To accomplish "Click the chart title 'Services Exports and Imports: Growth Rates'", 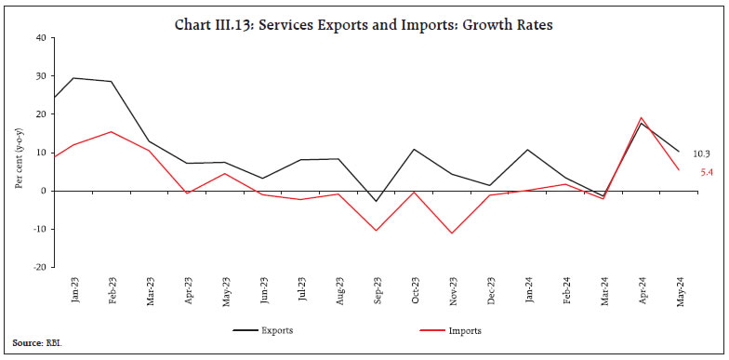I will tap(364, 25).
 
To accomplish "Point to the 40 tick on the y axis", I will tap(40, 38).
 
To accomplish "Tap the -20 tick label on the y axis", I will tap(38, 267).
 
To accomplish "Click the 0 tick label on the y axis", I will tap(43, 191).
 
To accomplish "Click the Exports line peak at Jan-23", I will tap(74, 78).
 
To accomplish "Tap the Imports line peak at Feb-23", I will tap(112, 131).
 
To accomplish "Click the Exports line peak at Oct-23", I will tap(416, 149).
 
